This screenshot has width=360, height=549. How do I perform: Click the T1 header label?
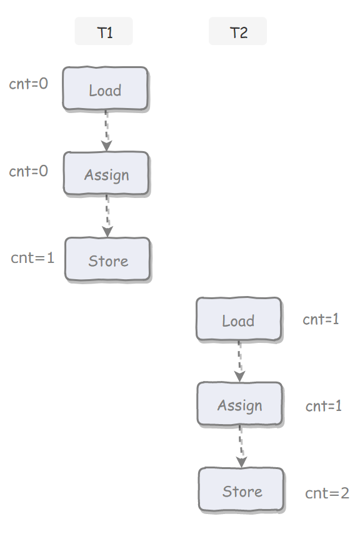click(104, 31)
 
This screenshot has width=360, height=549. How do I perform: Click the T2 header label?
click(237, 31)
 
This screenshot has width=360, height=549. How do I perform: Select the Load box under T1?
click(106, 89)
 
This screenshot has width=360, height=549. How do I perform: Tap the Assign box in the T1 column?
click(107, 174)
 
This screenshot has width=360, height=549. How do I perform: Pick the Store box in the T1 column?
click(108, 260)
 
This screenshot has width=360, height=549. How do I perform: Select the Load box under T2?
click(239, 320)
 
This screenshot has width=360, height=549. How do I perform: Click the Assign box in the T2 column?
click(240, 404)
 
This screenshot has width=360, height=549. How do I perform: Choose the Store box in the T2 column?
click(241, 490)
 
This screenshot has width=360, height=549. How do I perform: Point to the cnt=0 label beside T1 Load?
click(28, 84)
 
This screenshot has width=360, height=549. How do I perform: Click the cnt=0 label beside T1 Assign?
click(28, 171)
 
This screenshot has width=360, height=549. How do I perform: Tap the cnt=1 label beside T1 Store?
click(32, 258)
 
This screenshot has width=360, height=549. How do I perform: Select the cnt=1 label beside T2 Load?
click(321, 319)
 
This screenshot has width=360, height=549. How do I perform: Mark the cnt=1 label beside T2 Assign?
click(324, 406)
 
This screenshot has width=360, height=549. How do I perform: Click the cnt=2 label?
click(327, 493)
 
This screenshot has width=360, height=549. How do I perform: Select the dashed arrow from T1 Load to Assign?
click(106, 131)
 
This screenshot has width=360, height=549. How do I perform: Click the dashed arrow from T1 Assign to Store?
click(107, 216)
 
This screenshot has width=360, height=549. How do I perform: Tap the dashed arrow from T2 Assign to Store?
click(241, 447)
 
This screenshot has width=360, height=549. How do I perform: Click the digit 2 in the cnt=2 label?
click(345, 493)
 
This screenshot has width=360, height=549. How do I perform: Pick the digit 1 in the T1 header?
click(109, 33)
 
